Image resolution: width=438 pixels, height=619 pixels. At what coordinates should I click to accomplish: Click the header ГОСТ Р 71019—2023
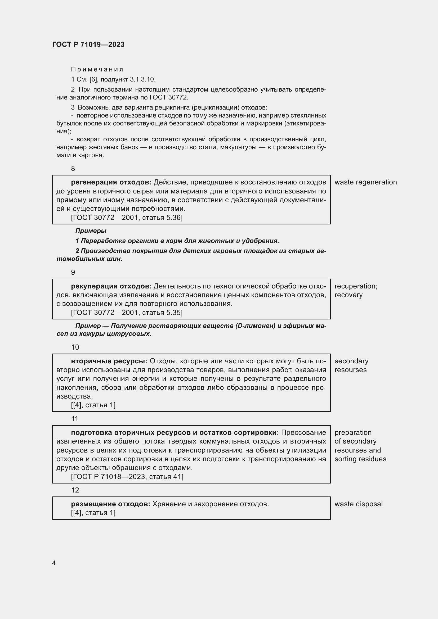[x=88, y=44]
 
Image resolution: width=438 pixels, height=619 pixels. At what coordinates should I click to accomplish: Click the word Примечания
[x=97, y=69]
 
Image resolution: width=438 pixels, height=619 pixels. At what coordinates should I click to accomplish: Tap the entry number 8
[x=73, y=169]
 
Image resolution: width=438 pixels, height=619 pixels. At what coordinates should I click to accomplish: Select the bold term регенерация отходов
[x=111, y=182]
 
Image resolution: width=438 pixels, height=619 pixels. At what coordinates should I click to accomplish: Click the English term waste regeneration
[x=365, y=182]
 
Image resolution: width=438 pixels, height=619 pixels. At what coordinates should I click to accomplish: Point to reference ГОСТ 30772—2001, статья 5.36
[x=127, y=218]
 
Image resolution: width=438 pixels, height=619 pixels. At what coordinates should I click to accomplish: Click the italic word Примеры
[x=91, y=231]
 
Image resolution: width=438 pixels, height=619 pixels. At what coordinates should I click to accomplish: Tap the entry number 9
[x=73, y=272]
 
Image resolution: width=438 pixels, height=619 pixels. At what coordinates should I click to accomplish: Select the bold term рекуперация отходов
[x=111, y=286]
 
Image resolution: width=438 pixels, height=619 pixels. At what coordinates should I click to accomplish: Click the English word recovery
[x=348, y=295]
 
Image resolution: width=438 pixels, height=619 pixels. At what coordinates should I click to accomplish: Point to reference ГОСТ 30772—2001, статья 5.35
[x=127, y=313]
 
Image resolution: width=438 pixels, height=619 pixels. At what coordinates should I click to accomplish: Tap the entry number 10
[x=75, y=347]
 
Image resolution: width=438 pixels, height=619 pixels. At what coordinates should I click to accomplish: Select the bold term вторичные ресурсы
[x=109, y=361]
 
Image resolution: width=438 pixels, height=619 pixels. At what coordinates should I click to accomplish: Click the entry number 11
[x=75, y=419]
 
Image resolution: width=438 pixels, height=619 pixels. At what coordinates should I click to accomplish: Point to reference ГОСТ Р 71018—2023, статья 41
[x=127, y=477]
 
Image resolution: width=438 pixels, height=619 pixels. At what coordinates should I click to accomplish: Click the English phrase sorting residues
[x=360, y=459]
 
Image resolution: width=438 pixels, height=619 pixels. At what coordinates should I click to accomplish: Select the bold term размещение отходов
[x=111, y=504]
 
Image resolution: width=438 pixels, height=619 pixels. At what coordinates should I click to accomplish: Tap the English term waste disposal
[x=359, y=504]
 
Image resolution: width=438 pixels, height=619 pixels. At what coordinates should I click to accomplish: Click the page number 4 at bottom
[x=54, y=563]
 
